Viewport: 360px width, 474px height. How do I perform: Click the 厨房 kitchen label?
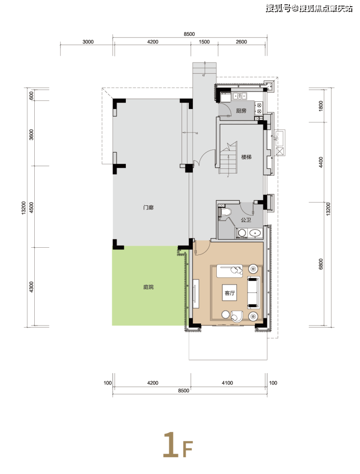point(241,111)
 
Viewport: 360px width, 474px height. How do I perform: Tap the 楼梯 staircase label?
point(246,157)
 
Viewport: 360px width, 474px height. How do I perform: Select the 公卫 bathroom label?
point(246,220)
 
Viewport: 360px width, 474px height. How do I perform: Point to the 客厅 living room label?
point(230,293)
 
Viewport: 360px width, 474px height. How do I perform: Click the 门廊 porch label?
point(148,207)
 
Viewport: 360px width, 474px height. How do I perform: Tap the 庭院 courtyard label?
point(148,287)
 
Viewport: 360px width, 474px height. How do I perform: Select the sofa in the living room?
point(253,292)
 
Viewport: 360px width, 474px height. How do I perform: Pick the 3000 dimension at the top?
point(88,41)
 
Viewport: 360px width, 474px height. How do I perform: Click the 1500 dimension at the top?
point(204,41)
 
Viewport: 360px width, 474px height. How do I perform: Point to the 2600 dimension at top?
point(241,41)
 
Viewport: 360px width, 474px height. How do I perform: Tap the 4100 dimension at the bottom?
point(227,383)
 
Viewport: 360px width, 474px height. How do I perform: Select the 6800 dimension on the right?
point(321,264)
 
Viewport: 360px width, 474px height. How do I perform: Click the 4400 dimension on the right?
point(321,162)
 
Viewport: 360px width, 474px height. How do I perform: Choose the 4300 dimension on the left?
point(31,287)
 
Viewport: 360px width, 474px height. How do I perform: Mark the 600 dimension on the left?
point(31,96)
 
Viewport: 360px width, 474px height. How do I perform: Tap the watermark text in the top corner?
point(309,8)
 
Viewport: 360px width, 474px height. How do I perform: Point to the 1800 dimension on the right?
point(321,106)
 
